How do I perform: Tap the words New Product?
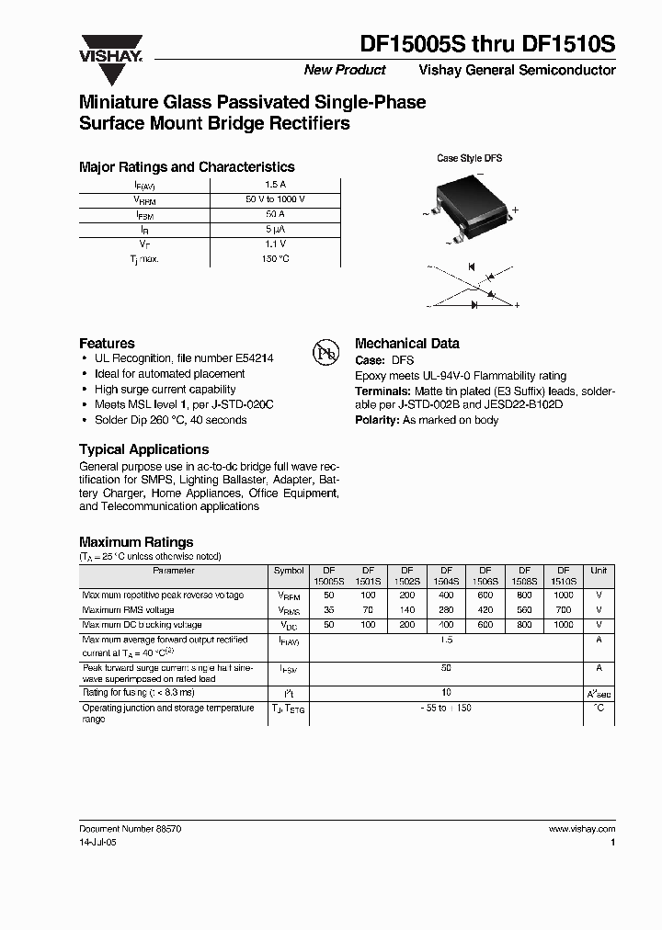(x=345, y=71)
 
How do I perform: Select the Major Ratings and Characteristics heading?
(x=187, y=167)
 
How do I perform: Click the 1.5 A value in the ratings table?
(x=275, y=184)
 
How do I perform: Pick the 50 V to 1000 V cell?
(x=275, y=199)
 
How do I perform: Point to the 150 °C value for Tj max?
(x=275, y=259)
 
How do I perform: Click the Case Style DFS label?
(x=469, y=158)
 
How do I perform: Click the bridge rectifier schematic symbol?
(x=474, y=288)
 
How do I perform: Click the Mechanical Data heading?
(x=406, y=343)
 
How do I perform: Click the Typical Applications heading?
(x=143, y=449)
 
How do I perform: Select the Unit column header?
(x=599, y=571)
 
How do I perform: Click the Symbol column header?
(x=289, y=571)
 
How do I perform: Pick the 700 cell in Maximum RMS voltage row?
(x=564, y=609)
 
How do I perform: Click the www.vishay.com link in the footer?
(x=582, y=829)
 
